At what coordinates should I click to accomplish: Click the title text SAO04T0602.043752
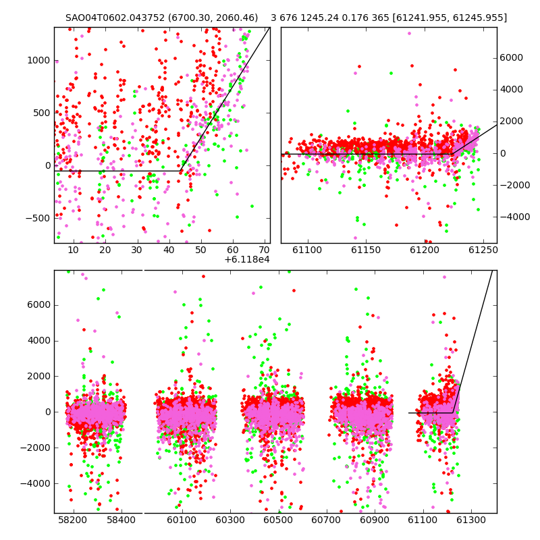click(x=115, y=18)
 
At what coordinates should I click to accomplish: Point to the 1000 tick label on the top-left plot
click(x=38, y=60)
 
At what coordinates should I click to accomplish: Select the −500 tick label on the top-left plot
click(x=38, y=218)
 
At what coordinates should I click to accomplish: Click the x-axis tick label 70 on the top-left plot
click(x=264, y=250)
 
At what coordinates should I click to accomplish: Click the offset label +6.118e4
click(x=246, y=259)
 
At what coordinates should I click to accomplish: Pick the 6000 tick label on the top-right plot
click(x=511, y=57)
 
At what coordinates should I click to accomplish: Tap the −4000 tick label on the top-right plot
click(x=514, y=217)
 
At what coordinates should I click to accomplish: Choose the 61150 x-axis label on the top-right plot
click(x=366, y=250)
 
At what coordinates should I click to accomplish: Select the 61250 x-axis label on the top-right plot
click(x=483, y=250)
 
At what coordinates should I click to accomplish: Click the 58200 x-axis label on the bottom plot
click(x=72, y=520)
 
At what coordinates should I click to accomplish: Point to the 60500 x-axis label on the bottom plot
click(x=278, y=520)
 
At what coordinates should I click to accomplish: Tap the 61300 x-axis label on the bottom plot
click(x=470, y=520)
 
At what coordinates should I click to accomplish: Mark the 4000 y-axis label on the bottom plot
click(x=38, y=341)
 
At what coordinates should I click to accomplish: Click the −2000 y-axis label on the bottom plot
click(x=35, y=448)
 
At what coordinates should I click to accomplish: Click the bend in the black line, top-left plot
click(x=180, y=171)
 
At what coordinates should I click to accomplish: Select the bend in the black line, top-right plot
click(x=453, y=154)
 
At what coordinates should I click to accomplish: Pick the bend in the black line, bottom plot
click(x=452, y=412)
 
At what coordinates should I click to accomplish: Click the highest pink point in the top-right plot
click(x=409, y=33)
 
